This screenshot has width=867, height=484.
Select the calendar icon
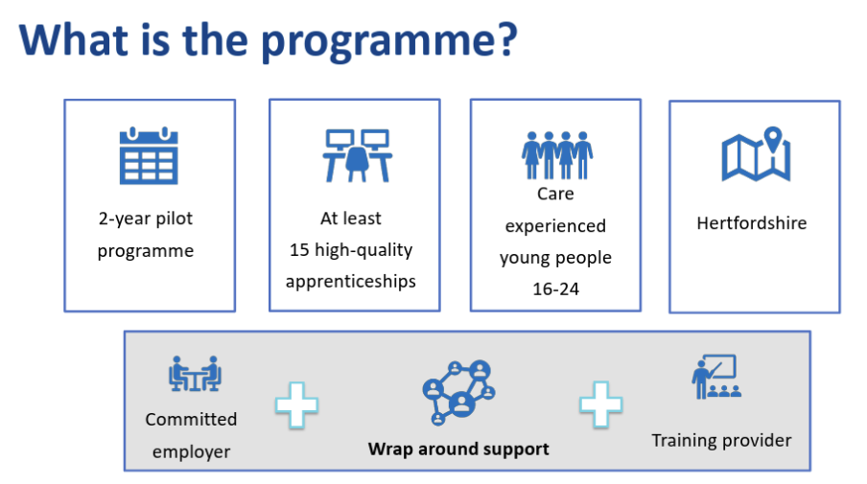[149, 156]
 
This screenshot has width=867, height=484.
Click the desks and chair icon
[357, 156]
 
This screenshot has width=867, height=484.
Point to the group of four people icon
[557, 155]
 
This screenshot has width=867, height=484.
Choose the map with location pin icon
[756, 154]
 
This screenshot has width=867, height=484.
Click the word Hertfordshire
[752, 223]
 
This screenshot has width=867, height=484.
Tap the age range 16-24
[555, 289]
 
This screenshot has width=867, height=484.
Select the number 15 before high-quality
[299, 250]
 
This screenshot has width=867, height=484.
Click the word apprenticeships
[351, 282]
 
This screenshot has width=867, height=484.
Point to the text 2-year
[125, 219]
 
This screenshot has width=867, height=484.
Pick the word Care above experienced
[555, 194]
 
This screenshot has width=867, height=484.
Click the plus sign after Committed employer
[297, 405]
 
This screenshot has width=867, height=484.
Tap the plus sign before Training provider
[601, 404]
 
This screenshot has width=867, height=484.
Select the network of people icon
[458, 392]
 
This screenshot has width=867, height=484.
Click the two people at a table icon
[195, 374]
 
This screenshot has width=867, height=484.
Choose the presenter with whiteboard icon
[716, 377]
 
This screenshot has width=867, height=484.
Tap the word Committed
[191, 420]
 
